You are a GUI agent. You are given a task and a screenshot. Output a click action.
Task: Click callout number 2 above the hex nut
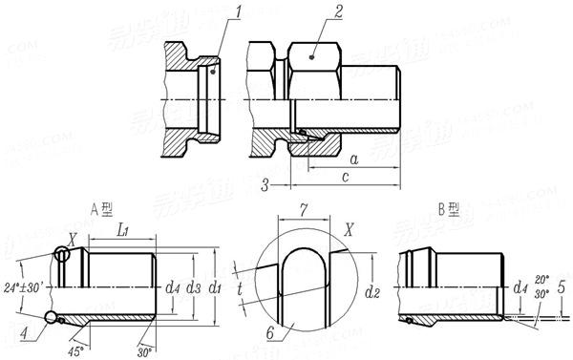(337, 13)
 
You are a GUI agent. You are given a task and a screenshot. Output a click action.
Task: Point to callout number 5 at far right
(562, 286)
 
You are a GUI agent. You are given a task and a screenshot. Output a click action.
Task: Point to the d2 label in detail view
(376, 286)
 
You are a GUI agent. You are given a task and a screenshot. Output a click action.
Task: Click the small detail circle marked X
(63, 255)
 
